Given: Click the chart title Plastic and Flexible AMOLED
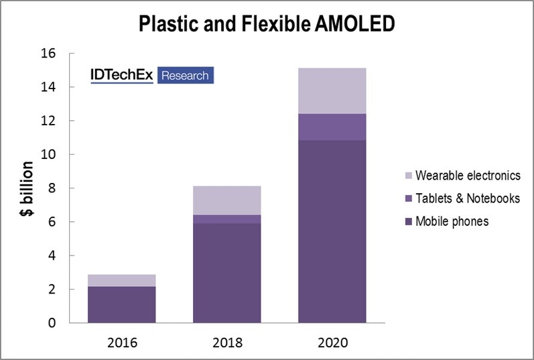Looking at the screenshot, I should pos(267,24).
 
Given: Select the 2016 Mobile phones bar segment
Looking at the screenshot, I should pos(121,304).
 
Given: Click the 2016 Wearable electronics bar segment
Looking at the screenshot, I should pos(121,280).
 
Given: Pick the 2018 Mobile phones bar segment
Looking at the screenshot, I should pos(226,273).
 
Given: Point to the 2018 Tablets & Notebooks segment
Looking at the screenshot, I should pos(226,219).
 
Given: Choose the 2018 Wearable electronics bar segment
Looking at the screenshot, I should pos(226,200).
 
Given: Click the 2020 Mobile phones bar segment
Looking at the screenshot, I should pos(332,231).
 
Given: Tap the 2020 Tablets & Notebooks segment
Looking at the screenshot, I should pos(332,127).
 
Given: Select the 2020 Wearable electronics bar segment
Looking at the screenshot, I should pos(332,91).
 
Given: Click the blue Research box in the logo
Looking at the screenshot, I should pos(185,75).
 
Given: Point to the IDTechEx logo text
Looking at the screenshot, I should pos(123,75).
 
